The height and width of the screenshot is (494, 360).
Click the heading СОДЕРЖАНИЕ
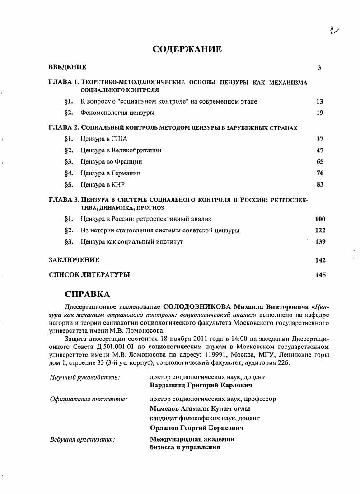187,49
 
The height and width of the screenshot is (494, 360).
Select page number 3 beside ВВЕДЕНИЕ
319,68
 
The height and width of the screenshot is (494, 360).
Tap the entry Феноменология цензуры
117,113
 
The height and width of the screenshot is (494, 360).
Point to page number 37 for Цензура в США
320,139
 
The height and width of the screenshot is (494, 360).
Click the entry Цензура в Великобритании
121,151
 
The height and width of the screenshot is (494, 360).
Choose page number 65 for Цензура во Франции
320,162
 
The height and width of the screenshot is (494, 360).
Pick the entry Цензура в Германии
111,173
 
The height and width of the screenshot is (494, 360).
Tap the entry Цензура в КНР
103,184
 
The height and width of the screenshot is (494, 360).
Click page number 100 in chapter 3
320,219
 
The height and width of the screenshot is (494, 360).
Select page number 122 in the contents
320,231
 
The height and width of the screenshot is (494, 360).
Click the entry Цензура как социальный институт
131,242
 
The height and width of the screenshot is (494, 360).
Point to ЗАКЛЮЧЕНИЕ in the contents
74,260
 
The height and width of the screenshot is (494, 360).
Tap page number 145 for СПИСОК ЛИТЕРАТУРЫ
320,274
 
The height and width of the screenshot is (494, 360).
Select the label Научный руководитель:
84,377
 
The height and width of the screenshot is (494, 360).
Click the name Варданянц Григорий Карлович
201,386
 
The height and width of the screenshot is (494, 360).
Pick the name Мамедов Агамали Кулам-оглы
200,409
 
